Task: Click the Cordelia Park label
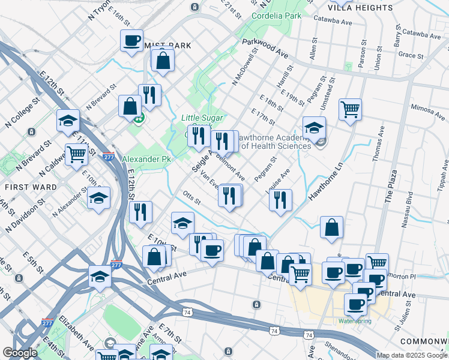(276, 16)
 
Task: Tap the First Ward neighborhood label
(31, 187)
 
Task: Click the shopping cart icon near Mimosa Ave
(350, 109)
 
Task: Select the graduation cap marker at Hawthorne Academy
(314, 127)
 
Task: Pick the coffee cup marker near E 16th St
(131, 40)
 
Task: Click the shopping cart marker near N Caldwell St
(76, 154)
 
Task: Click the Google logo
(20, 353)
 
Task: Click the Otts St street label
(191, 198)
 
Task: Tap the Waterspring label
(355, 321)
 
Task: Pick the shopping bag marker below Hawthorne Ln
(331, 227)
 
